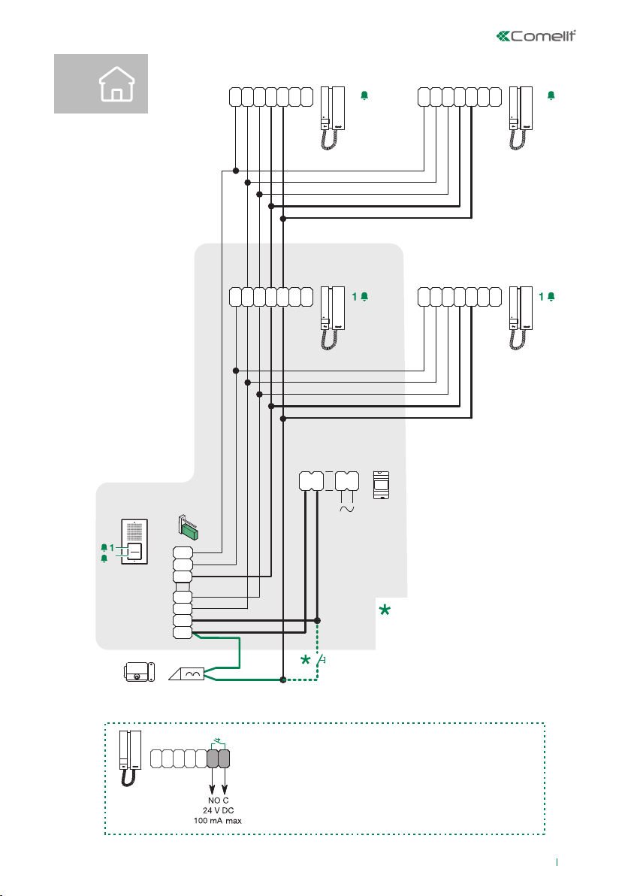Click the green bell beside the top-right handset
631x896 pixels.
(551, 95)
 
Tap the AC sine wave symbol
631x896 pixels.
(347, 509)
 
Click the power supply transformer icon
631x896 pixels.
(382, 486)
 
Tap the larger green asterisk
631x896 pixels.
(385, 613)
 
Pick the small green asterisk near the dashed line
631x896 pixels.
(306, 661)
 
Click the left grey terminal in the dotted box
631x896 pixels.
(213, 758)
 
